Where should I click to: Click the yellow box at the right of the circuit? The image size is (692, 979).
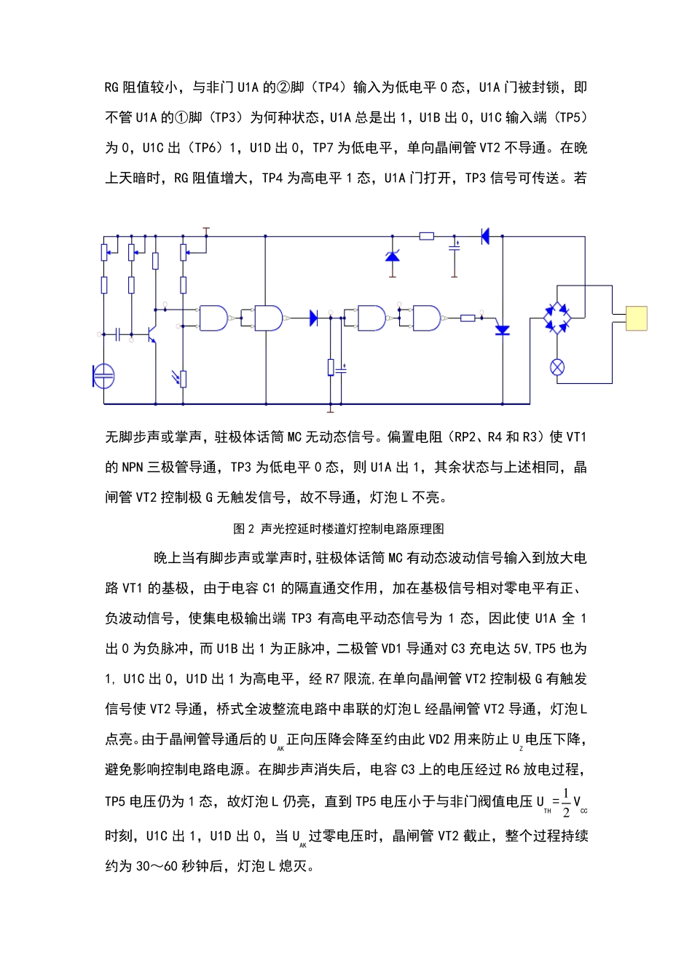coord(636,318)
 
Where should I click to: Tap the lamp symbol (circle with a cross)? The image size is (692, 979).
coord(557,367)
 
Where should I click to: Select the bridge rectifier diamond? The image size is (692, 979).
coord(557,318)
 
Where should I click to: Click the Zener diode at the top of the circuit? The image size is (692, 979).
coord(393,256)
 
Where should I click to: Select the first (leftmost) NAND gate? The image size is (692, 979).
coord(213,318)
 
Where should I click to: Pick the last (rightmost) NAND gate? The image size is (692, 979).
coord(427,318)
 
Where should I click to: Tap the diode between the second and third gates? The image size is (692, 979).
coord(313,318)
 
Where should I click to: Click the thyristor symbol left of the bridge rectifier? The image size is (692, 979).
coord(502,330)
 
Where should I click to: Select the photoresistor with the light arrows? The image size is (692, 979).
coord(182,378)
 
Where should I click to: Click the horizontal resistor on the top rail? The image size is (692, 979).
coord(427,236)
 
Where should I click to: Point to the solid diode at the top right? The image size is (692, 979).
coord(484,236)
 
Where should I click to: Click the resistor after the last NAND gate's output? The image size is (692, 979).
coord(468,318)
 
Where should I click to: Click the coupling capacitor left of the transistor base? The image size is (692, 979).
coord(117,334)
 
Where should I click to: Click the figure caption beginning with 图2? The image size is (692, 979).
coord(339,529)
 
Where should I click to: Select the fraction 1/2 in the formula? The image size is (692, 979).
coord(566,802)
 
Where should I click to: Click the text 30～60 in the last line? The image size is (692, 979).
coord(157,866)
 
